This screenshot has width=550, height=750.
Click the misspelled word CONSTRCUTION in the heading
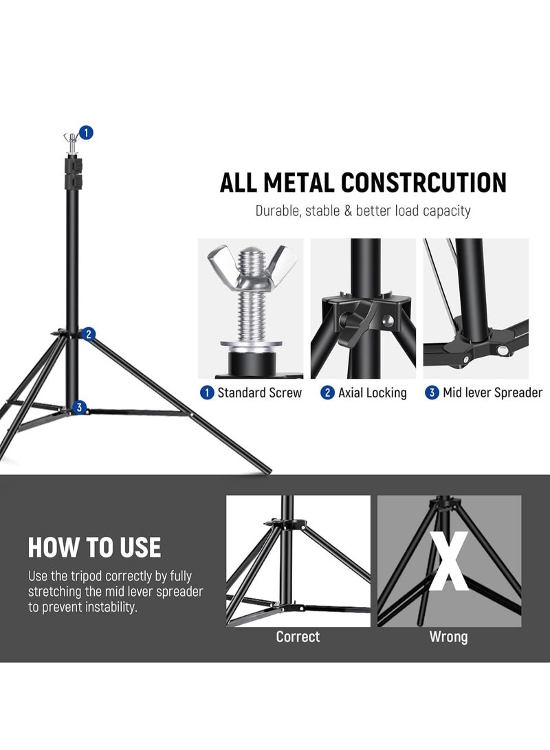pos(423,183)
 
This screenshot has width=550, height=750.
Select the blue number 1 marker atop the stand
pos(86,133)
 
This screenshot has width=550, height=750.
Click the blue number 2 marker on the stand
pos(89,334)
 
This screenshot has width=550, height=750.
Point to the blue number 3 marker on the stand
pos(79,408)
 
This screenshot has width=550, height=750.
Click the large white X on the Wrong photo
pos(449,560)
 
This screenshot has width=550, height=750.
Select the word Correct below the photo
pos(298,637)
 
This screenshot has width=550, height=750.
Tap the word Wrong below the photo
pos(449,637)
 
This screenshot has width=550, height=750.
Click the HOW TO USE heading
pos(94,548)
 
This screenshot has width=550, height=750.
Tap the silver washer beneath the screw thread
pos(251,345)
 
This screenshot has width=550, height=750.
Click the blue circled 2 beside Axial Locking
pos(328,393)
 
